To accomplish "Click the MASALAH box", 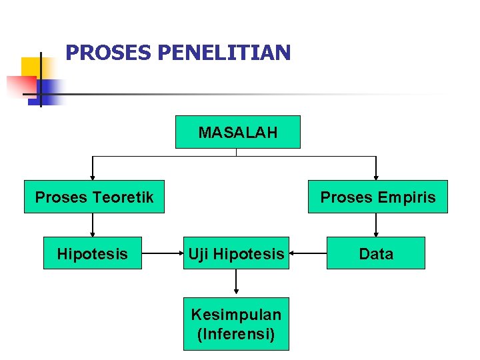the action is pyautogui.click(x=237, y=132).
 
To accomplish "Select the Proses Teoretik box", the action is pyautogui.click(x=94, y=197).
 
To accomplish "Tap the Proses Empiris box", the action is pyautogui.click(x=377, y=197).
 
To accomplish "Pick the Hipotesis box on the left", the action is pyautogui.click(x=93, y=253).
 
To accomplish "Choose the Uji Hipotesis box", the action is pyautogui.click(x=236, y=253).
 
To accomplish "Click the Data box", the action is pyautogui.click(x=375, y=253).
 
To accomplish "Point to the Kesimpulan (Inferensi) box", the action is pyautogui.click(x=236, y=324).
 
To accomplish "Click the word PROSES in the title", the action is pyautogui.click(x=108, y=53).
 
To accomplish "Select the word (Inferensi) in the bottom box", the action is pyautogui.click(x=236, y=333).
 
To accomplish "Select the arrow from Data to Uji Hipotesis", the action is pyautogui.click(x=308, y=253).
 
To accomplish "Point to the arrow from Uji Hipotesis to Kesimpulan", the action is pyautogui.click(x=236, y=283).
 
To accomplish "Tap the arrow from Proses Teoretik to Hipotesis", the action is pyautogui.click(x=93, y=225).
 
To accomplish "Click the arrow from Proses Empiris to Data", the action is pyautogui.click(x=377, y=225).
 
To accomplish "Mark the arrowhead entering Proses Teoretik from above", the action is pyautogui.click(x=93, y=177).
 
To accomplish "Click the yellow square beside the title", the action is pyautogui.click(x=30, y=67).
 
